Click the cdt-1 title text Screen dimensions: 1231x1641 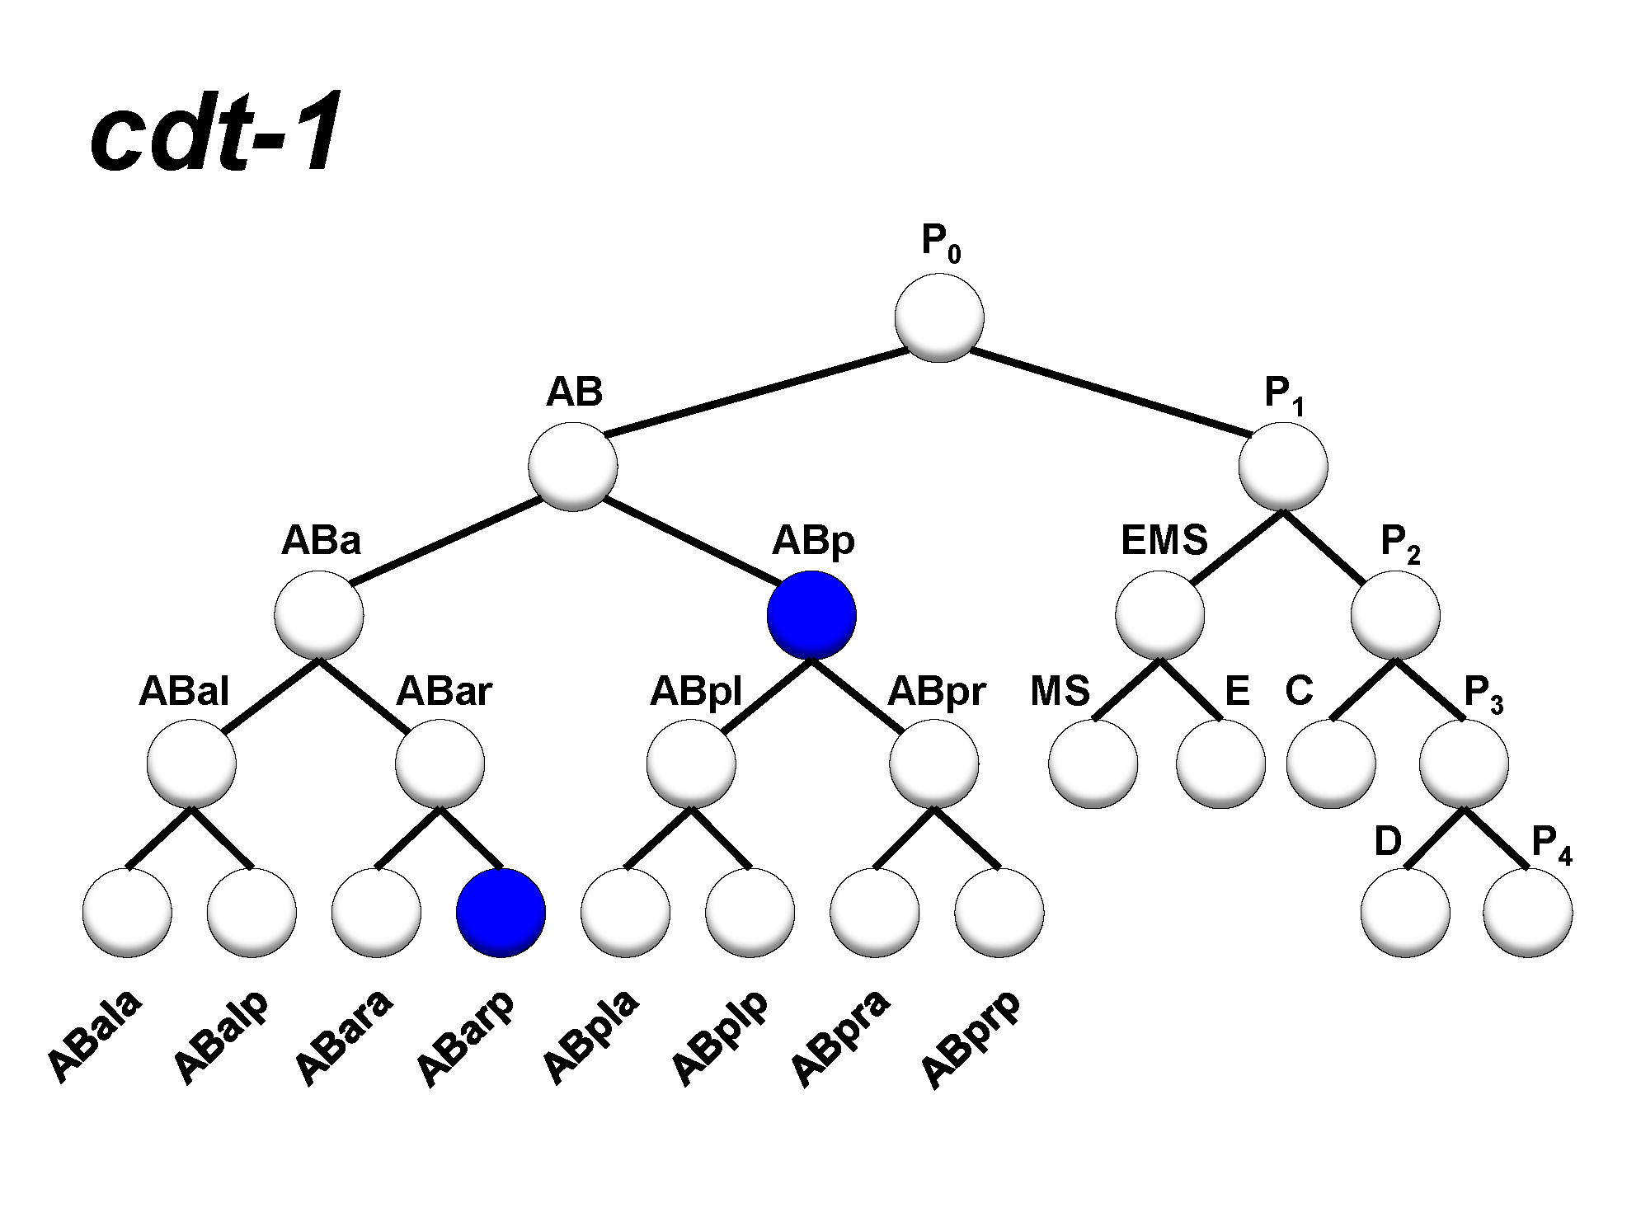point(216,132)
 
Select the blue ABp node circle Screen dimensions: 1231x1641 point(811,615)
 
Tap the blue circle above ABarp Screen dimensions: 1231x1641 point(501,913)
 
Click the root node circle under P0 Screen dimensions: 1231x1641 point(939,318)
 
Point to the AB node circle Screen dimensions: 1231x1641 point(573,467)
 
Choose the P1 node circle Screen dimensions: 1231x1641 point(1283,467)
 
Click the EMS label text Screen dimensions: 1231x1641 point(1164,541)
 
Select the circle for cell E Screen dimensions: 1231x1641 point(1220,764)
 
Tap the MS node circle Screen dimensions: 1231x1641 point(1093,764)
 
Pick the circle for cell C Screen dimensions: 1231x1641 point(1331,764)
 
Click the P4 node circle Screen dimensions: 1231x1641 point(1527,913)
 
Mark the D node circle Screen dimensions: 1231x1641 point(1405,913)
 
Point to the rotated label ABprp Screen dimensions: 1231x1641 point(971,1041)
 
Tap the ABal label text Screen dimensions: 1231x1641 point(183,691)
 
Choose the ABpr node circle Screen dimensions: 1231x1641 point(933,764)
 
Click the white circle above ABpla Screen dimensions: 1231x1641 point(625,913)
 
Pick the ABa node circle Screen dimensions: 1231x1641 point(319,615)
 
